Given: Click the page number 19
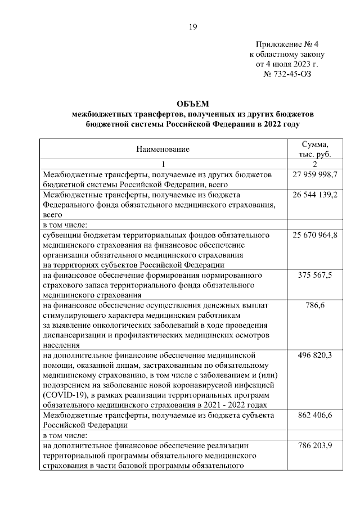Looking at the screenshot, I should pos(192,27).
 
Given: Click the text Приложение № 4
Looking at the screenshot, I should pos(287,44).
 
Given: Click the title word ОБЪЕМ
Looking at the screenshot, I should pos(192,103).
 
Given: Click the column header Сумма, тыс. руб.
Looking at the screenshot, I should pos(314,149).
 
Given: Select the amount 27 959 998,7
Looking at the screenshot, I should pos(314,175).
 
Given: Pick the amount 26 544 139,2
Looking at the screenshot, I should pos(314,194).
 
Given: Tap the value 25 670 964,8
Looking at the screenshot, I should pos(314,235).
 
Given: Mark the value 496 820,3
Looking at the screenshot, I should pos(314,355).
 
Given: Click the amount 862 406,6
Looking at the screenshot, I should pos(314,415).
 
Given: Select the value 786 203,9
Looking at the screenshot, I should pos(314,445).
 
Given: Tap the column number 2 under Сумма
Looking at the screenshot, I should pos(314,164).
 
